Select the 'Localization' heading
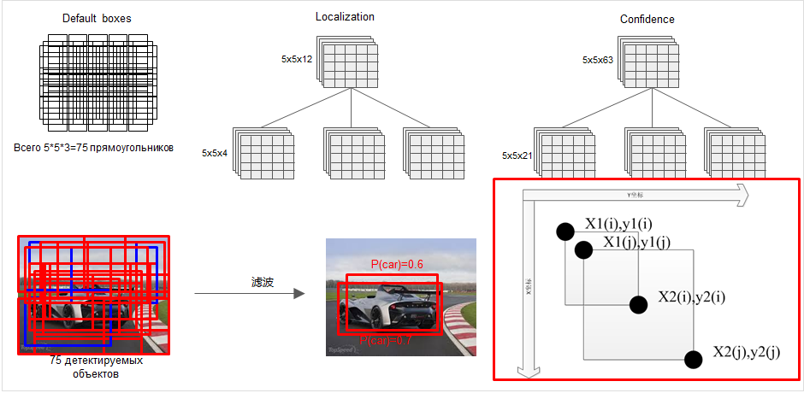[x=345, y=16]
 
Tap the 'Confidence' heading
[x=647, y=19]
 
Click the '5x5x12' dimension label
[x=298, y=59]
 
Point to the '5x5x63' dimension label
[x=599, y=60]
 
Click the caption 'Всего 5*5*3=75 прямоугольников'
[x=94, y=148]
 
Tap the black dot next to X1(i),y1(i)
[x=565, y=232]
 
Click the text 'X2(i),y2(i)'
[x=692, y=297]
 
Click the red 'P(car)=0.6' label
[x=396, y=264]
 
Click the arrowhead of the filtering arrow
[x=299, y=294]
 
